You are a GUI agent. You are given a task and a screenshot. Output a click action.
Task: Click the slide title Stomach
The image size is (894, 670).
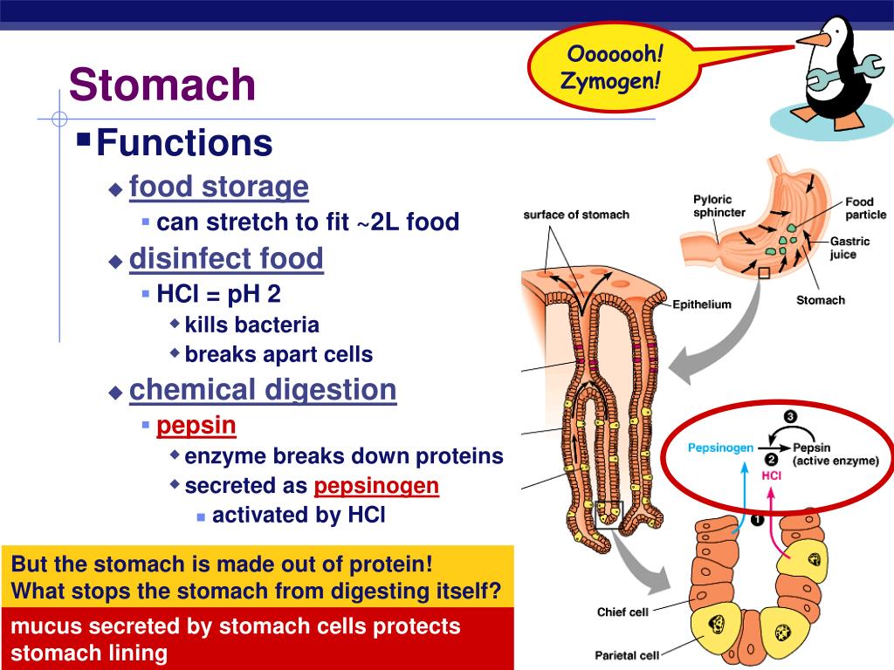(162, 85)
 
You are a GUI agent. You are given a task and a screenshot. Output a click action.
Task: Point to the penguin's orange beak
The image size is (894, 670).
(813, 38)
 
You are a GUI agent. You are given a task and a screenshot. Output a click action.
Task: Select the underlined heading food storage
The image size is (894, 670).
(218, 187)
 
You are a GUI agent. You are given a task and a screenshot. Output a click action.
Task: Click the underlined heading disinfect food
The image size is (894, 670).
(226, 259)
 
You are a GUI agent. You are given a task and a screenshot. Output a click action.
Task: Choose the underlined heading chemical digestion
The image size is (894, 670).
(263, 390)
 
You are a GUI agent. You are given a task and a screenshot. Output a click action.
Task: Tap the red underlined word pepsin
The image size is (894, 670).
(196, 426)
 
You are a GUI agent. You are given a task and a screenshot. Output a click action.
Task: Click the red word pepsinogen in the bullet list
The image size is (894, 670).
(376, 486)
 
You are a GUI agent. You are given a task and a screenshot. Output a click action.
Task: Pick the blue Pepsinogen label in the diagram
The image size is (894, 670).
(720, 448)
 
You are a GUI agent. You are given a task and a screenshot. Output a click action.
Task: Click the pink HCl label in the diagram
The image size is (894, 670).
(771, 476)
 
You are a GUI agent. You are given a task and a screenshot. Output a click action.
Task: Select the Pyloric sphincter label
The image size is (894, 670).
(719, 206)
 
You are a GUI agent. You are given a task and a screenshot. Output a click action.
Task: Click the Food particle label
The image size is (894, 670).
(864, 209)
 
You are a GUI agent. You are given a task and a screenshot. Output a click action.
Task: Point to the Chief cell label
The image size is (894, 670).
(622, 612)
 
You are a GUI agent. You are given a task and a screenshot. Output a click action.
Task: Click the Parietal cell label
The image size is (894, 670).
(627, 655)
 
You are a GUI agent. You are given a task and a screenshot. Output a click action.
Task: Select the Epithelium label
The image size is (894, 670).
(701, 304)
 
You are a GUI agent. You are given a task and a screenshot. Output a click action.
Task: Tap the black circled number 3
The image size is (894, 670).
(790, 417)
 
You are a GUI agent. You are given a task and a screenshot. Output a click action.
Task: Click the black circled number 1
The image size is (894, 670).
(757, 521)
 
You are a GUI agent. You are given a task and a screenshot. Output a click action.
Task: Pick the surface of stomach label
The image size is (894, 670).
(576, 215)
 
